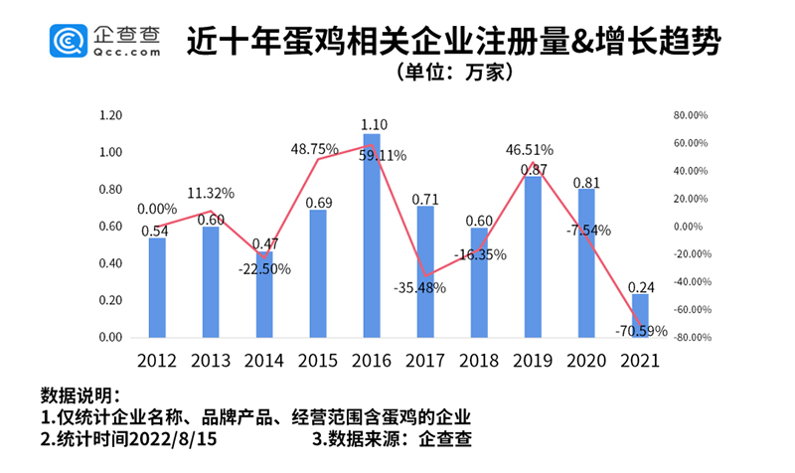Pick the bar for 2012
click(x=157, y=287)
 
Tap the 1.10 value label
click(x=374, y=124)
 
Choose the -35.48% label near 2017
click(x=421, y=288)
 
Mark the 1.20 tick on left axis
click(x=110, y=115)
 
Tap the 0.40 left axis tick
click(x=110, y=263)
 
